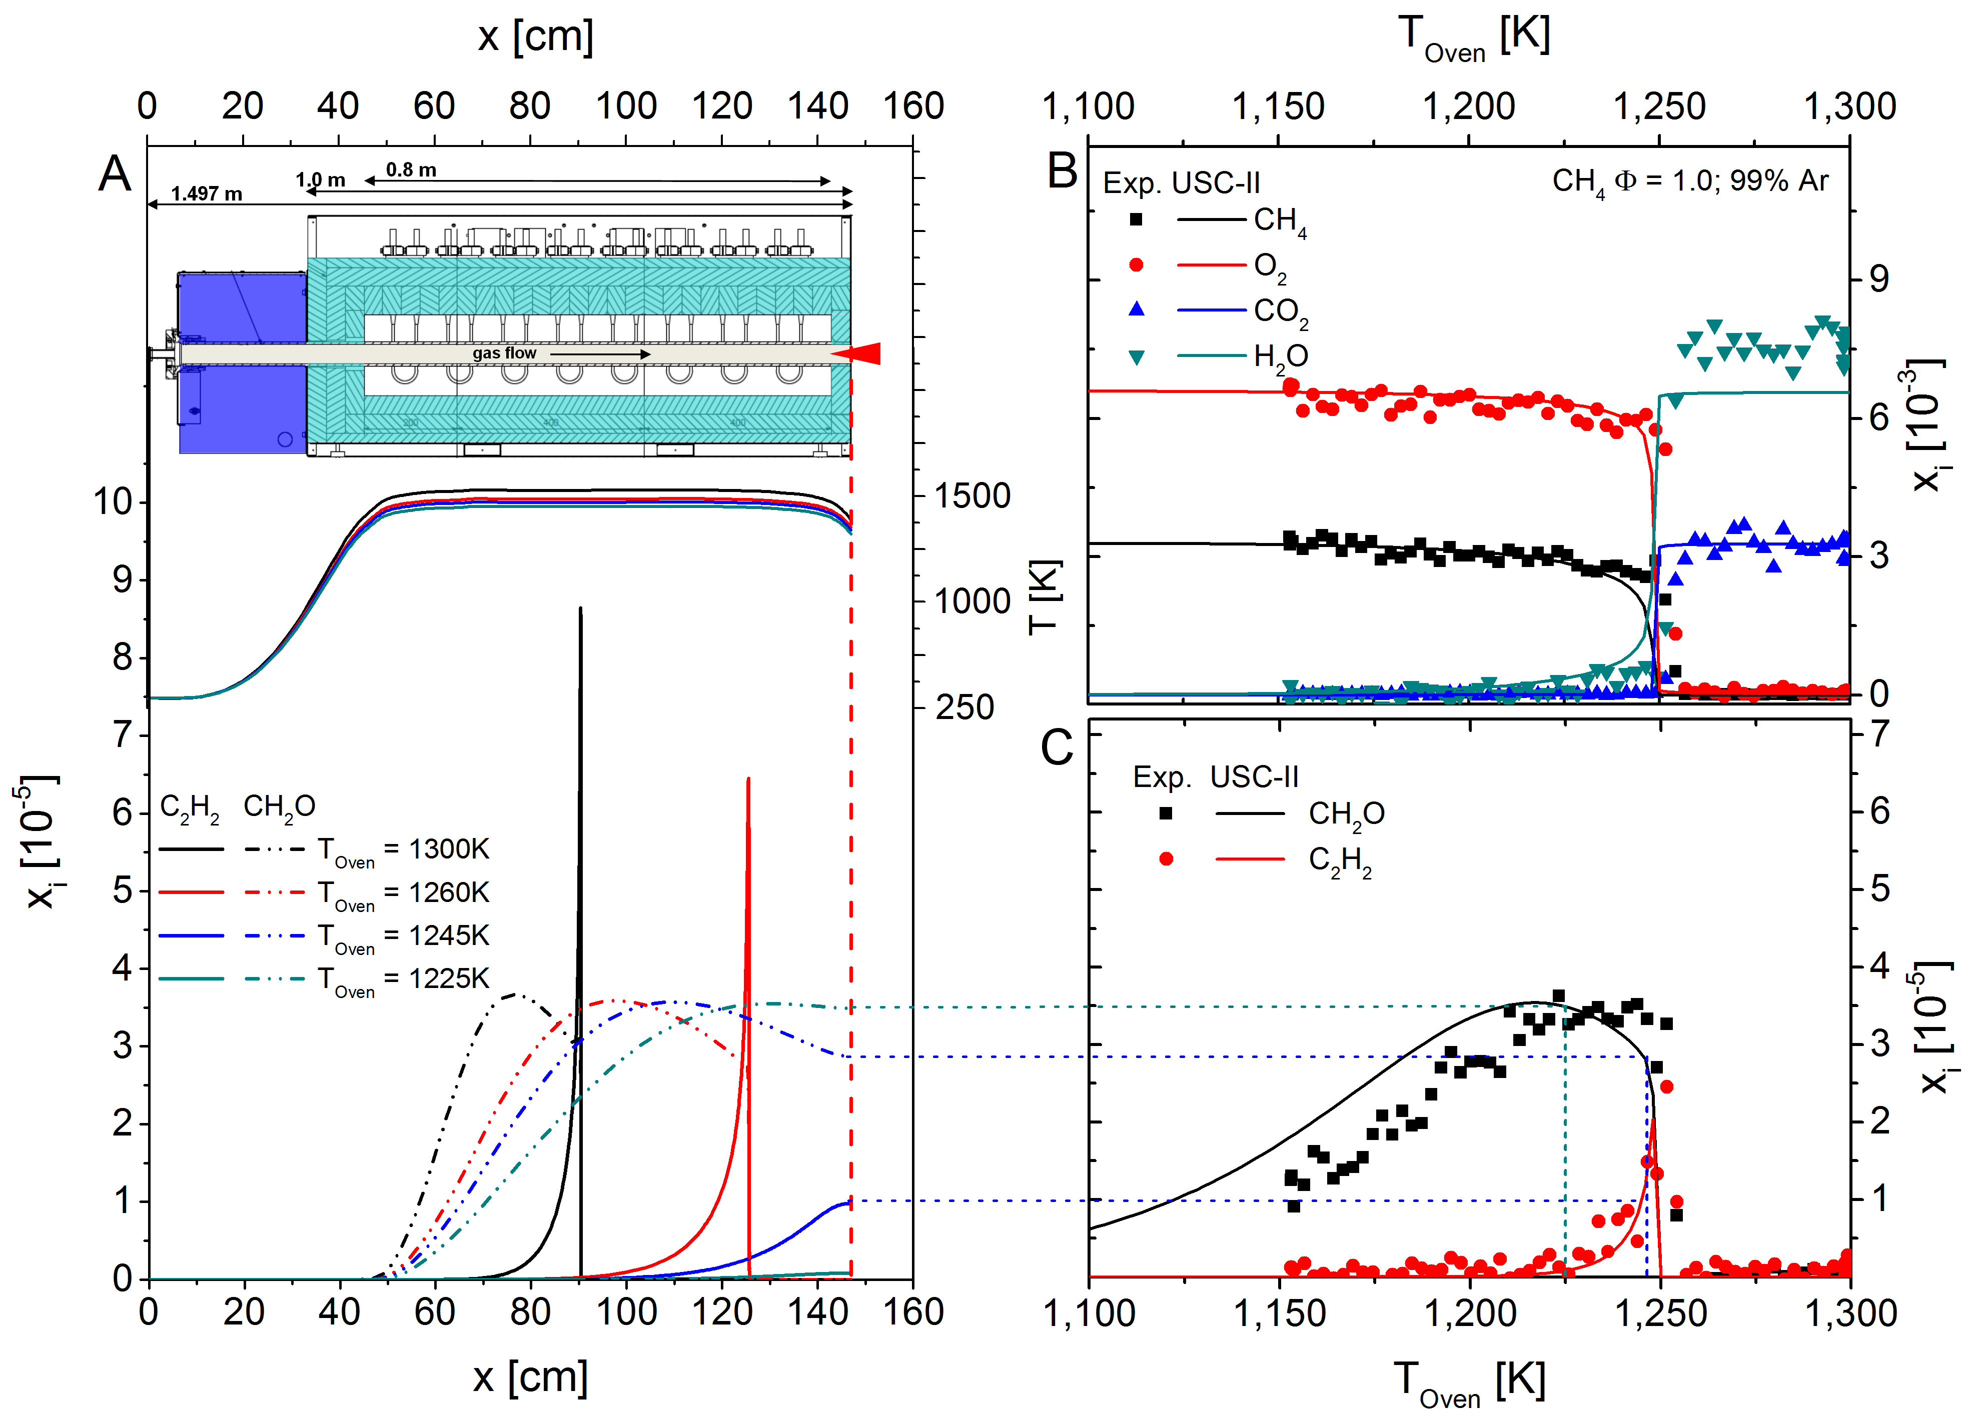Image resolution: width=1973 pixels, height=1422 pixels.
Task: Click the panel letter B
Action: tap(1062, 171)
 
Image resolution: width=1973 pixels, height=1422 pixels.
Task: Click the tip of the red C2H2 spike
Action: tap(748, 780)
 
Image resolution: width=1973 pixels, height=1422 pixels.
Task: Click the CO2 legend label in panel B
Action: tap(1281, 312)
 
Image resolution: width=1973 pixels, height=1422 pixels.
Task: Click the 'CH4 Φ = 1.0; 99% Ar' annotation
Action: tap(1690, 182)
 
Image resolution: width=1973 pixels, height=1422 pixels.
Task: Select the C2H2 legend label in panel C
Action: tap(1340, 861)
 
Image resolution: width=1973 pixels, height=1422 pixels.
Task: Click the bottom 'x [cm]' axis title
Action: tap(531, 1377)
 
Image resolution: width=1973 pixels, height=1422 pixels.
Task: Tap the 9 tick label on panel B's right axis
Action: tap(1879, 279)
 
